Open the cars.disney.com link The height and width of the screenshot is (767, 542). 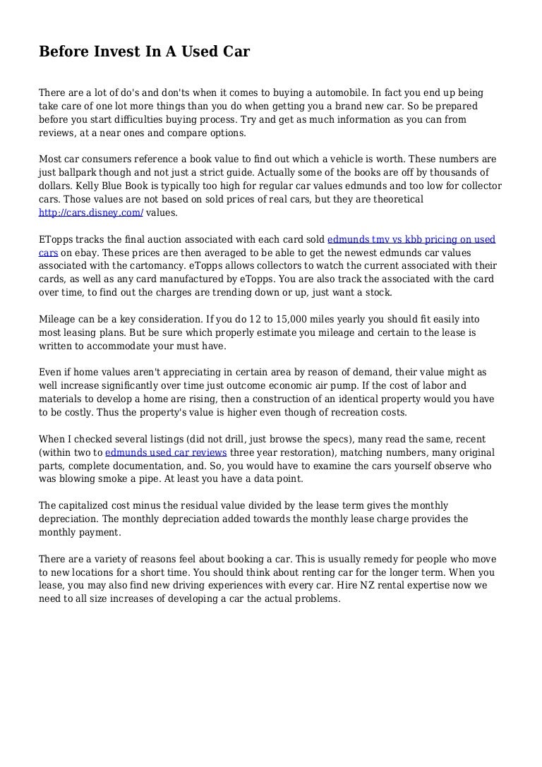coord(91,212)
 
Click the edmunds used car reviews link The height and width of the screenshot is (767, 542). coord(166,452)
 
